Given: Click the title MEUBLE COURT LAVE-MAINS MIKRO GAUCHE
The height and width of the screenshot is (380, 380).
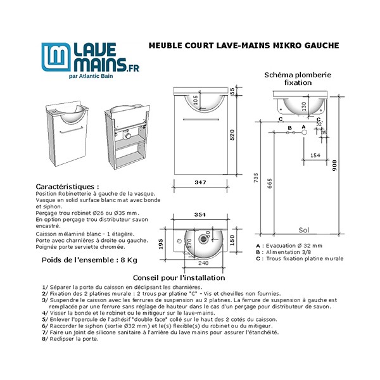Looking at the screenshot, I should click(243, 46).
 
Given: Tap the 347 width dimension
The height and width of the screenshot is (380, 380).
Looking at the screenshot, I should click(200, 182).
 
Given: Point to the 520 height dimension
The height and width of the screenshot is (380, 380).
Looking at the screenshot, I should click(232, 134).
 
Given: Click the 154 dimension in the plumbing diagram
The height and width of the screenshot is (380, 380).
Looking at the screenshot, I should click(315, 155).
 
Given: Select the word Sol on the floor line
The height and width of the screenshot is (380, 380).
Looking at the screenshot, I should click(304, 231).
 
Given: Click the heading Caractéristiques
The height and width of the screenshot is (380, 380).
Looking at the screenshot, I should click(67, 187).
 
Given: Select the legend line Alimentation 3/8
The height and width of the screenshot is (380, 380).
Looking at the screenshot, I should click(286, 252).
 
